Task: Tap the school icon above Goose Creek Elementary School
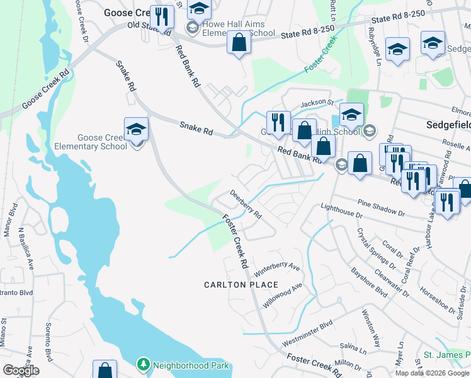click(136, 130)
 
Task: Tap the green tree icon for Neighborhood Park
click(144, 365)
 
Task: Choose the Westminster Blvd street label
click(307, 335)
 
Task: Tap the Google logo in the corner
click(21, 370)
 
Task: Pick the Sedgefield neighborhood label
click(446, 124)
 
